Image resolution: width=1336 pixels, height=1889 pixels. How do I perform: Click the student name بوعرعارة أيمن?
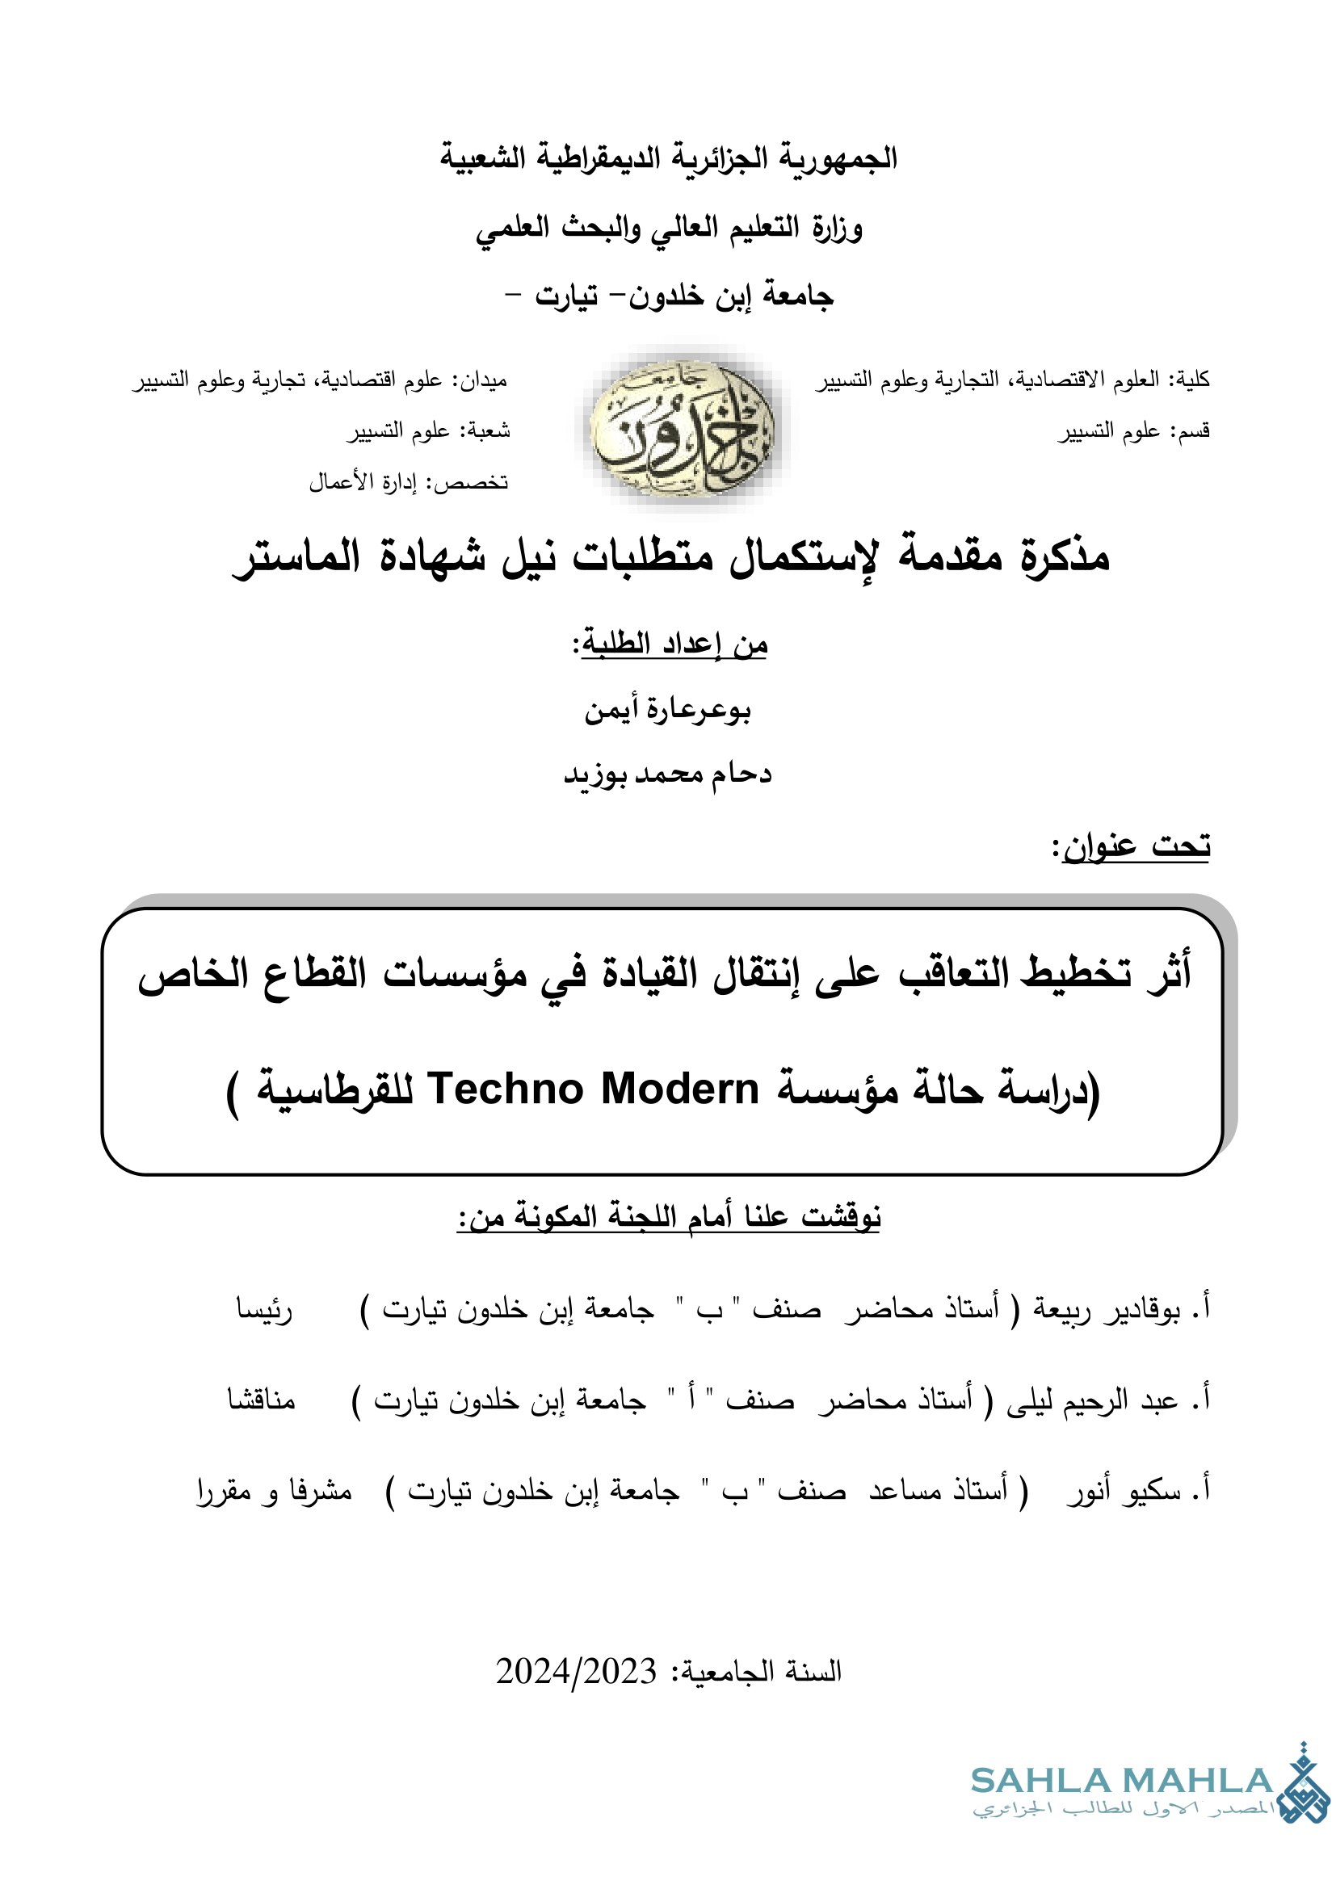point(667,709)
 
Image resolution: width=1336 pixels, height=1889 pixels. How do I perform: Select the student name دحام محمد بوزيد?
point(667,774)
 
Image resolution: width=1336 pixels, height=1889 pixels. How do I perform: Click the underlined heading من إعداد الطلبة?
point(670,644)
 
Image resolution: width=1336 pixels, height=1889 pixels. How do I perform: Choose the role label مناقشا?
point(261,1400)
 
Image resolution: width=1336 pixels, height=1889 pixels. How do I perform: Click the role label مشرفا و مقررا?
point(274,1490)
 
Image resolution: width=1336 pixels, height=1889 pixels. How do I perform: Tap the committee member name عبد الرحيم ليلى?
point(1093,1400)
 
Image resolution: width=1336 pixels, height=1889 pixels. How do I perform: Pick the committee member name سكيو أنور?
point(1124,1490)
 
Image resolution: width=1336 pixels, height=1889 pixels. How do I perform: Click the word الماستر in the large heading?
point(297,556)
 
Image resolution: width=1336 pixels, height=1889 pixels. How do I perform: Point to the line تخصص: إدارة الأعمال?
point(408,482)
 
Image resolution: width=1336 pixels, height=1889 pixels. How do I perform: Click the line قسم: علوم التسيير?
point(1132,431)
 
